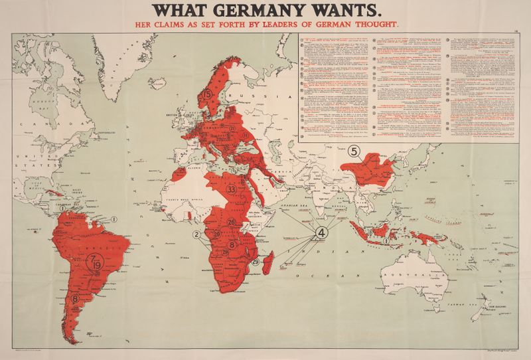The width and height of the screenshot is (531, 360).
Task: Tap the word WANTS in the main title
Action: click(x=348, y=10)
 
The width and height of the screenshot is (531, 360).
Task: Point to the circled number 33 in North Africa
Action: click(x=232, y=189)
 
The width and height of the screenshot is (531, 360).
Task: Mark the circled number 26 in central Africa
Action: click(x=232, y=222)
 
